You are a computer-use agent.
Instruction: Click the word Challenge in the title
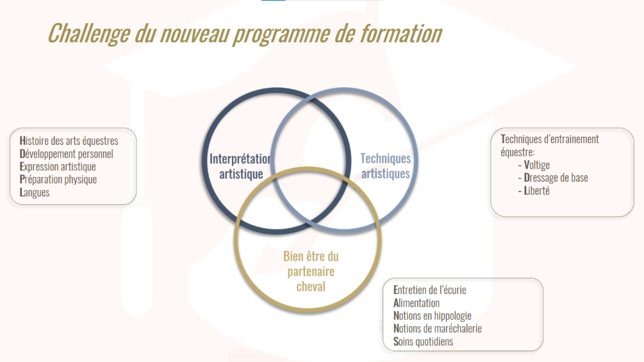pyautogui.click(x=89, y=33)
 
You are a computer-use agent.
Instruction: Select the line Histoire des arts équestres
pyautogui.click(x=69, y=141)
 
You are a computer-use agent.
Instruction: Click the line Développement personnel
pyautogui.click(x=66, y=154)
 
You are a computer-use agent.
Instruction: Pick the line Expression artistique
pyautogui.click(x=57, y=167)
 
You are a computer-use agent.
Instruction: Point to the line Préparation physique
pyautogui.click(x=58, y=179)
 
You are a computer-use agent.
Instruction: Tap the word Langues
pyautogui.click(x=35, y=192)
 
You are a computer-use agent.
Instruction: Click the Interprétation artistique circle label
pyautogui.click(x=241, y=166)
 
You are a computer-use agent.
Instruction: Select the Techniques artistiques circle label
pyautogui.click(x=386, y=166)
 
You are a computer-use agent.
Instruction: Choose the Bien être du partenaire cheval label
pyautogui.click(x=311, y=271)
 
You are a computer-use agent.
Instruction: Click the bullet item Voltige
pyautogui.click(x=536, y=165)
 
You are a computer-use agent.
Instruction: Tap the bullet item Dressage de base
pyautogui.click(x=556, y=178)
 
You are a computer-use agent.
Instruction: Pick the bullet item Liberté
pyautogui.click(x=536, y=190)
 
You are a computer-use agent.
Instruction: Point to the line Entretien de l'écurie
pyautogui.click(x=430, y=290)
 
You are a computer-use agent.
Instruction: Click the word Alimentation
pyautogui.click(x=416, y=303)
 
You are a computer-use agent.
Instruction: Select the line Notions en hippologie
pyautogui.click(x=432, y=315)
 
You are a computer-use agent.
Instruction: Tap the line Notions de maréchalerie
pyautogui.click(x=438, y=328)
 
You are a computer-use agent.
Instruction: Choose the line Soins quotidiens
pyautogui.click(x=423, y=341)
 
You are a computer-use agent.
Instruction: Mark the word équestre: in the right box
pyautogui.click(x=518, y=152)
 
